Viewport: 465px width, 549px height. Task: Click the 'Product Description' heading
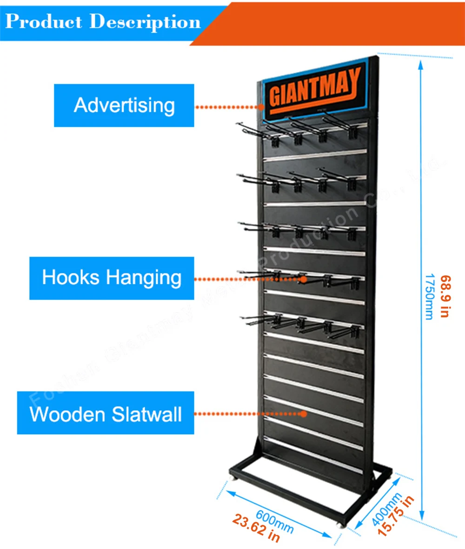pos(103,21)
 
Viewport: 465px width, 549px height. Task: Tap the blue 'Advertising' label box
pos(124,105)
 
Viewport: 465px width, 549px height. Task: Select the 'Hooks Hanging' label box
pos(112,278)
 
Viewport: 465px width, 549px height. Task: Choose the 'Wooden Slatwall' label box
pos(106,413)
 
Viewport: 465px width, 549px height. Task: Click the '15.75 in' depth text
pos(396,516)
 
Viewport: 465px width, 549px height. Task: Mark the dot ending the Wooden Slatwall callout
pos(305,413)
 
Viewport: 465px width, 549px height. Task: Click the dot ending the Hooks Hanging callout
pos(304,280)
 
